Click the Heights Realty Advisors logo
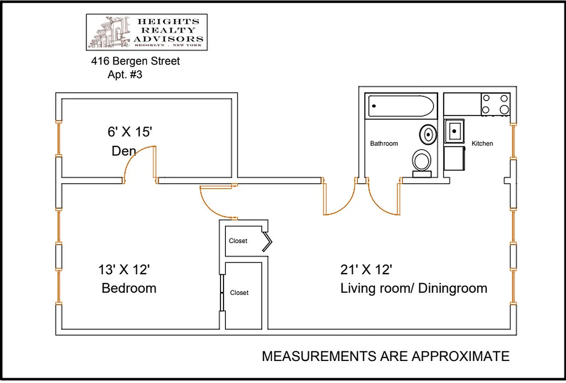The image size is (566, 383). pyautogui.click(x=146, y=32)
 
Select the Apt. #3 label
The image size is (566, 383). pyautogui.click(x=125, y=75)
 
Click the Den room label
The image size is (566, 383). pyautogui.click(x=124, y=151)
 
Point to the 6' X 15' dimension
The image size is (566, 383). pyautogui.click(x=130, y=132)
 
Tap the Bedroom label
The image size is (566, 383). pyautogui.click(x=129, y=288)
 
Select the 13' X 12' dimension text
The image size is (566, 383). pyautogui.click(x=124, y=270)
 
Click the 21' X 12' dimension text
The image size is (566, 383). pyautogui.click(x=366, y=270)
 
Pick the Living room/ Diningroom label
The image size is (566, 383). pyautogui.click(x=414, y=288)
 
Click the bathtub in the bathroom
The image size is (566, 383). pyautogui.click(x=401, y=106)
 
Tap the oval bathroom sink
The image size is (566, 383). pyautogui.click(x=428, y=134)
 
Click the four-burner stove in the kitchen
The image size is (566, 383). pyautogui.click(x=495, y=104)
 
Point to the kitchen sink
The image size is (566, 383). pyautogui.click(x=454, y=130)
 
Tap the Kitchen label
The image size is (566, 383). pyautogui.click(x=482, y=143)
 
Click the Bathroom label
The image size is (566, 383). pyautogui.click(x=384, y=143)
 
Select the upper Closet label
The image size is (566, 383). pyautogui.click(x=238, y=241)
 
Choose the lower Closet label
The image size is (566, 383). pyautogui.click(x=239, y=293)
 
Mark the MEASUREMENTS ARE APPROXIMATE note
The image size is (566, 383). pyautogui.click(x=386, y=356)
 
